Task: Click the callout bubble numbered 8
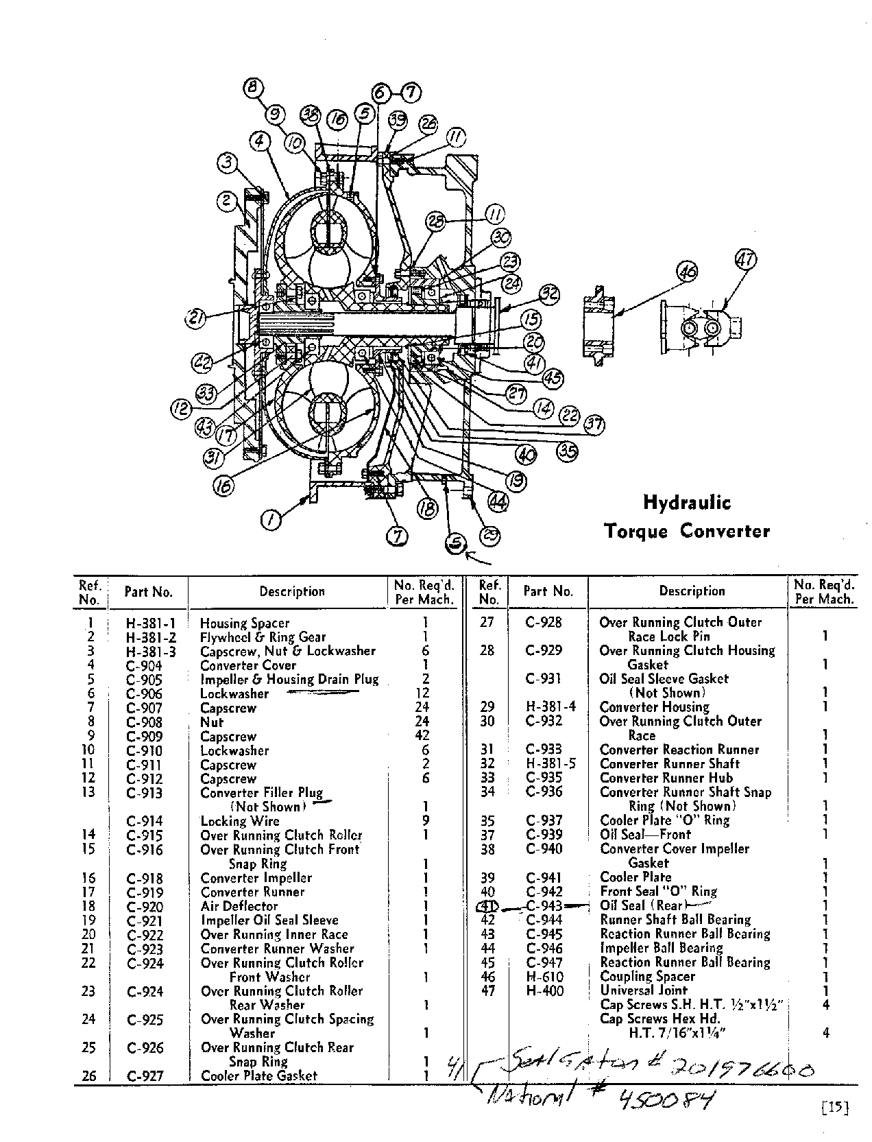pyautogui.click(x=254, y=87)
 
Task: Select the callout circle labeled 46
pyautogui.click(x=686, y=272)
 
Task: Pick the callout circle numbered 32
pyautogui.click(x=548, y=296)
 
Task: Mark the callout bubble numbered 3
pyautogui.click(x=228, y=163)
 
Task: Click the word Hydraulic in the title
pyautogui.click(x=686, y=503)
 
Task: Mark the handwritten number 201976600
pyautogui.click(x=740, y=1070)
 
